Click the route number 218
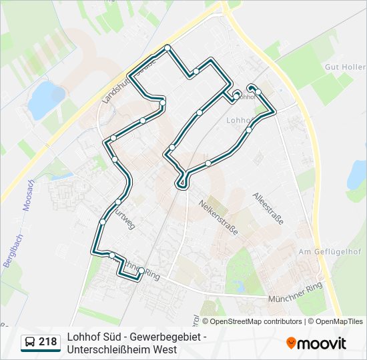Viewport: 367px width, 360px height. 47,342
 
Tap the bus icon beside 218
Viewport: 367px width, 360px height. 30,342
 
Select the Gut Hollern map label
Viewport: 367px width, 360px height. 344,67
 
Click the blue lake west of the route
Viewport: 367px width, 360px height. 45,97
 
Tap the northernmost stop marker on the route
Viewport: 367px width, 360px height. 167,47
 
